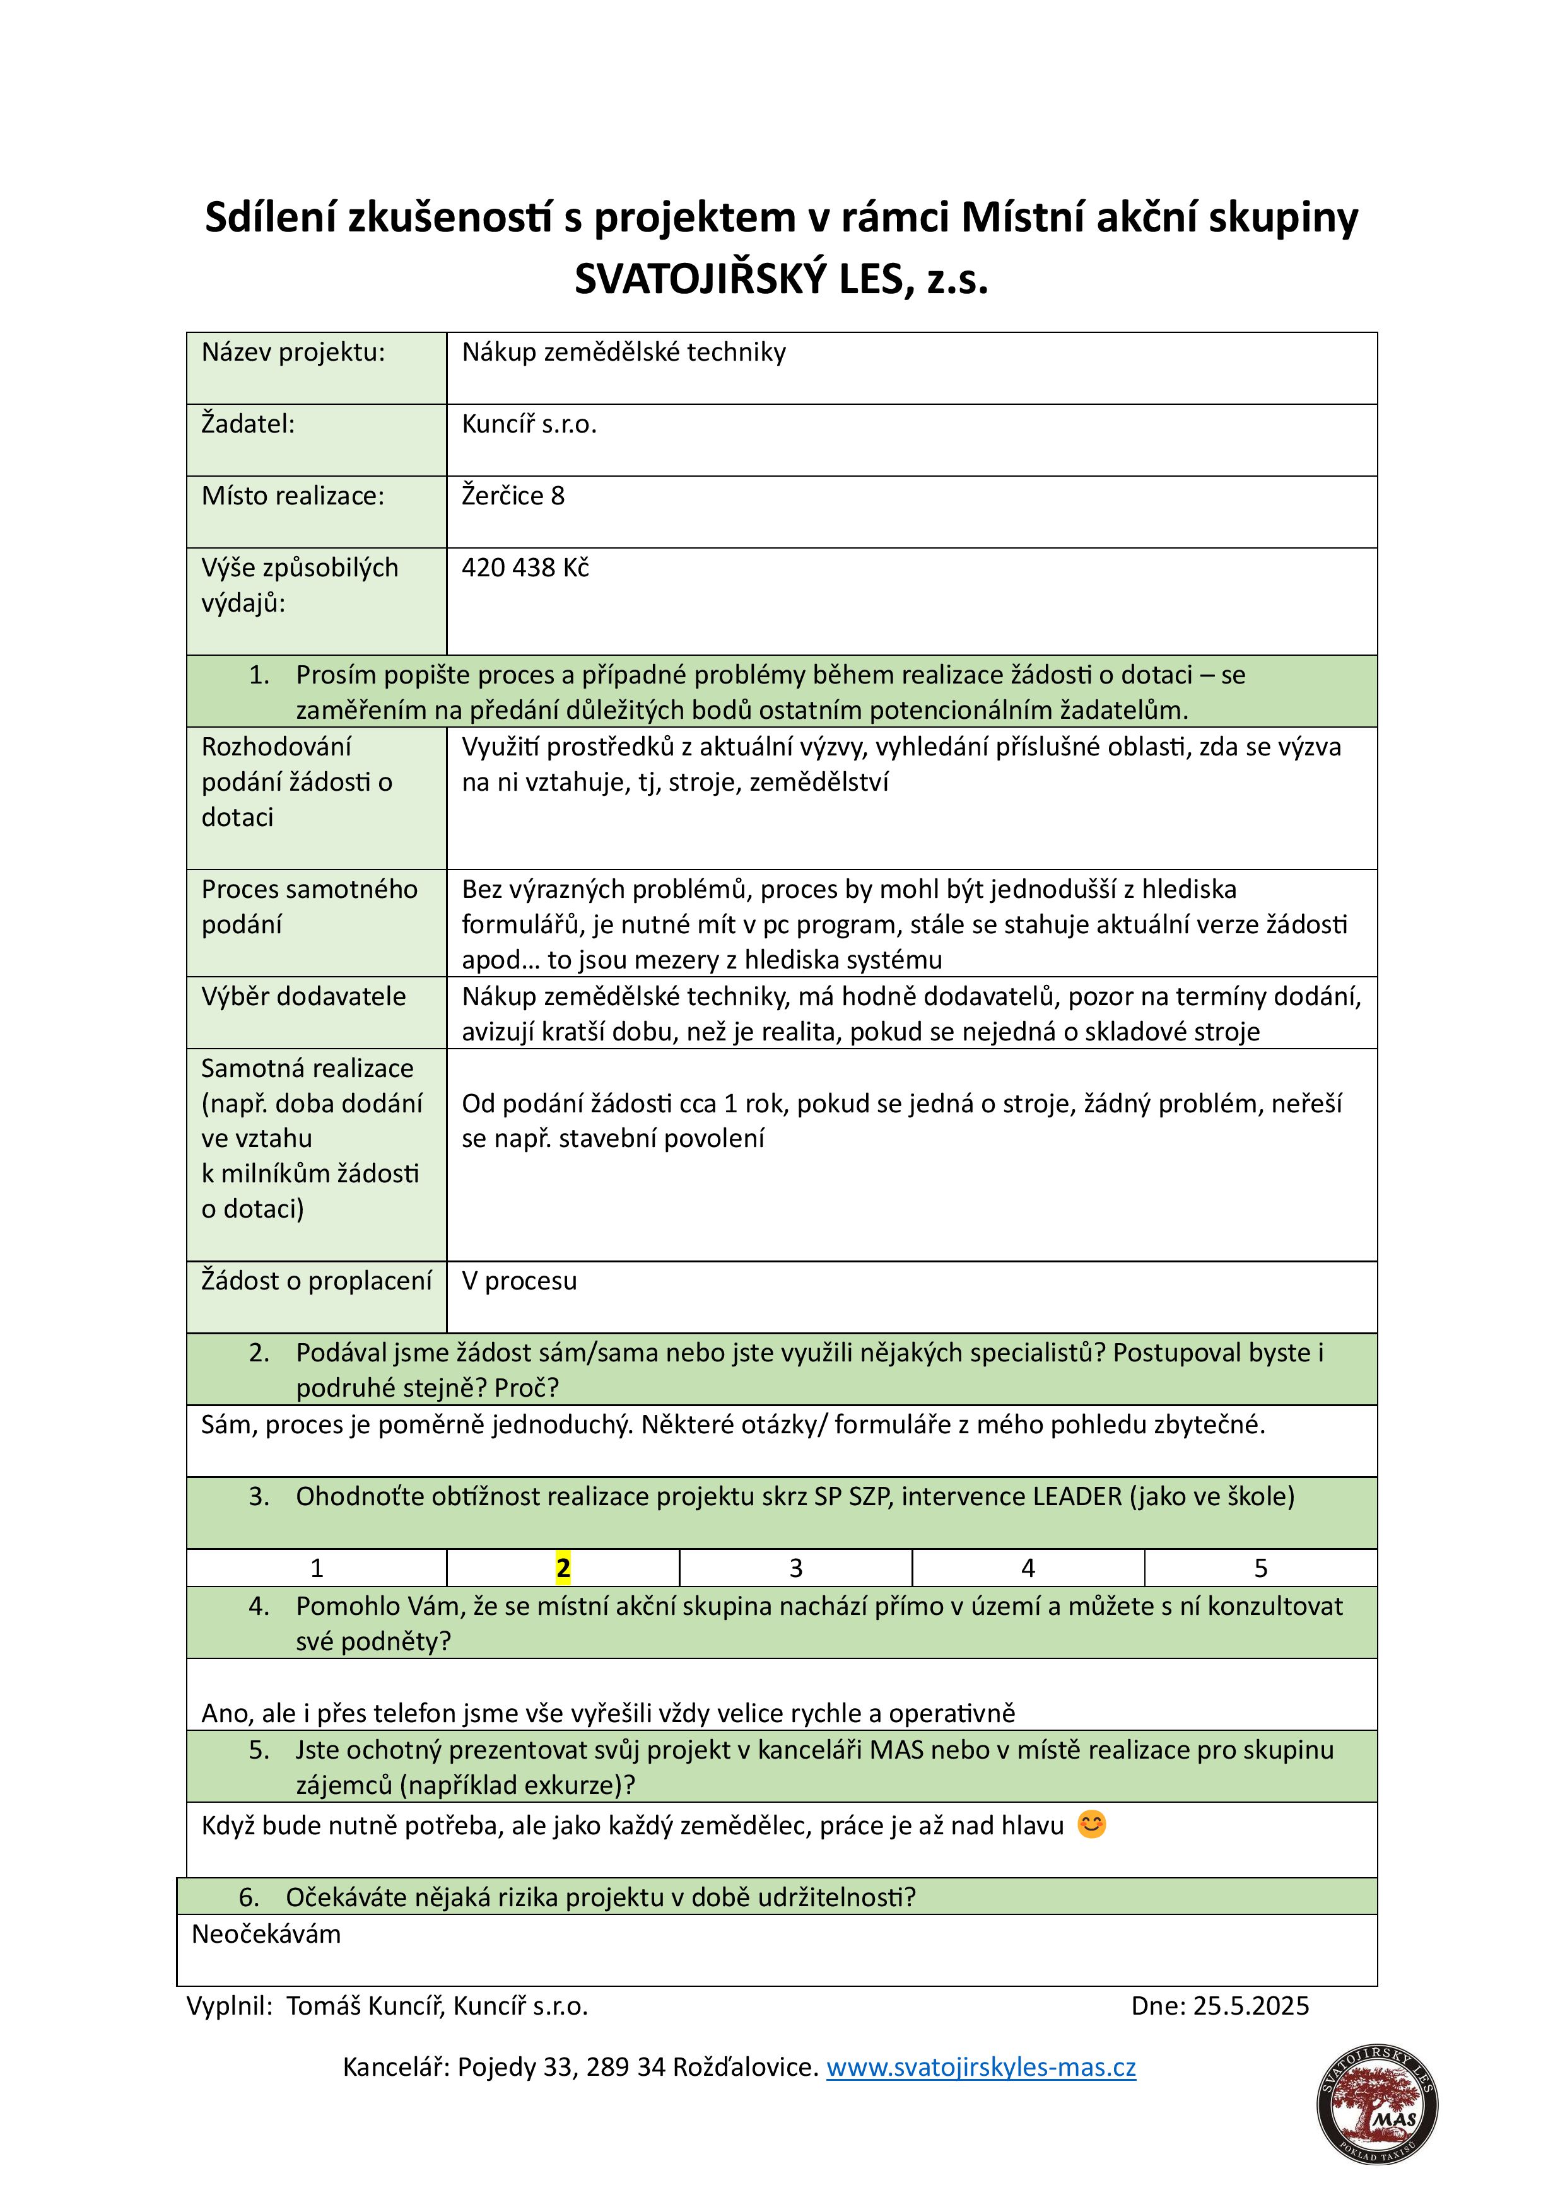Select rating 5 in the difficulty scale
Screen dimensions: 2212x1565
pyautogui.click(x=1260, y=1568)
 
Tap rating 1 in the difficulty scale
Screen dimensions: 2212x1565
pyautogui.click(x=316, y=1568)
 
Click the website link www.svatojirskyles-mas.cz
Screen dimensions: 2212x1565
pyautogui.click(x=980, y=2066)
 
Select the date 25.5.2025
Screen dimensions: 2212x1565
pyautogui.click(x=1251, y=2005)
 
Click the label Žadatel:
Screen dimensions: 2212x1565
pyautogui.click(x=248, y=424)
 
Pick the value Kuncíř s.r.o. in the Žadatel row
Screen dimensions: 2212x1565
pyautogui.click(x=529, y=424)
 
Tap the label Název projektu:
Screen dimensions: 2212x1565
pyautogui.click(x=293, y=352)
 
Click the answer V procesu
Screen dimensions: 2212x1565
pyautogui.click(x=519, y=1281)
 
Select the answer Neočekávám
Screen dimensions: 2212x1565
pyautogui.click(x=266, y=1933)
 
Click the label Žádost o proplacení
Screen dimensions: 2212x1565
pyautogui.click(x=316, y=1281)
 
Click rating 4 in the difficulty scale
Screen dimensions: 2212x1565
pyautogui.click(x=1028, y=1568)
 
